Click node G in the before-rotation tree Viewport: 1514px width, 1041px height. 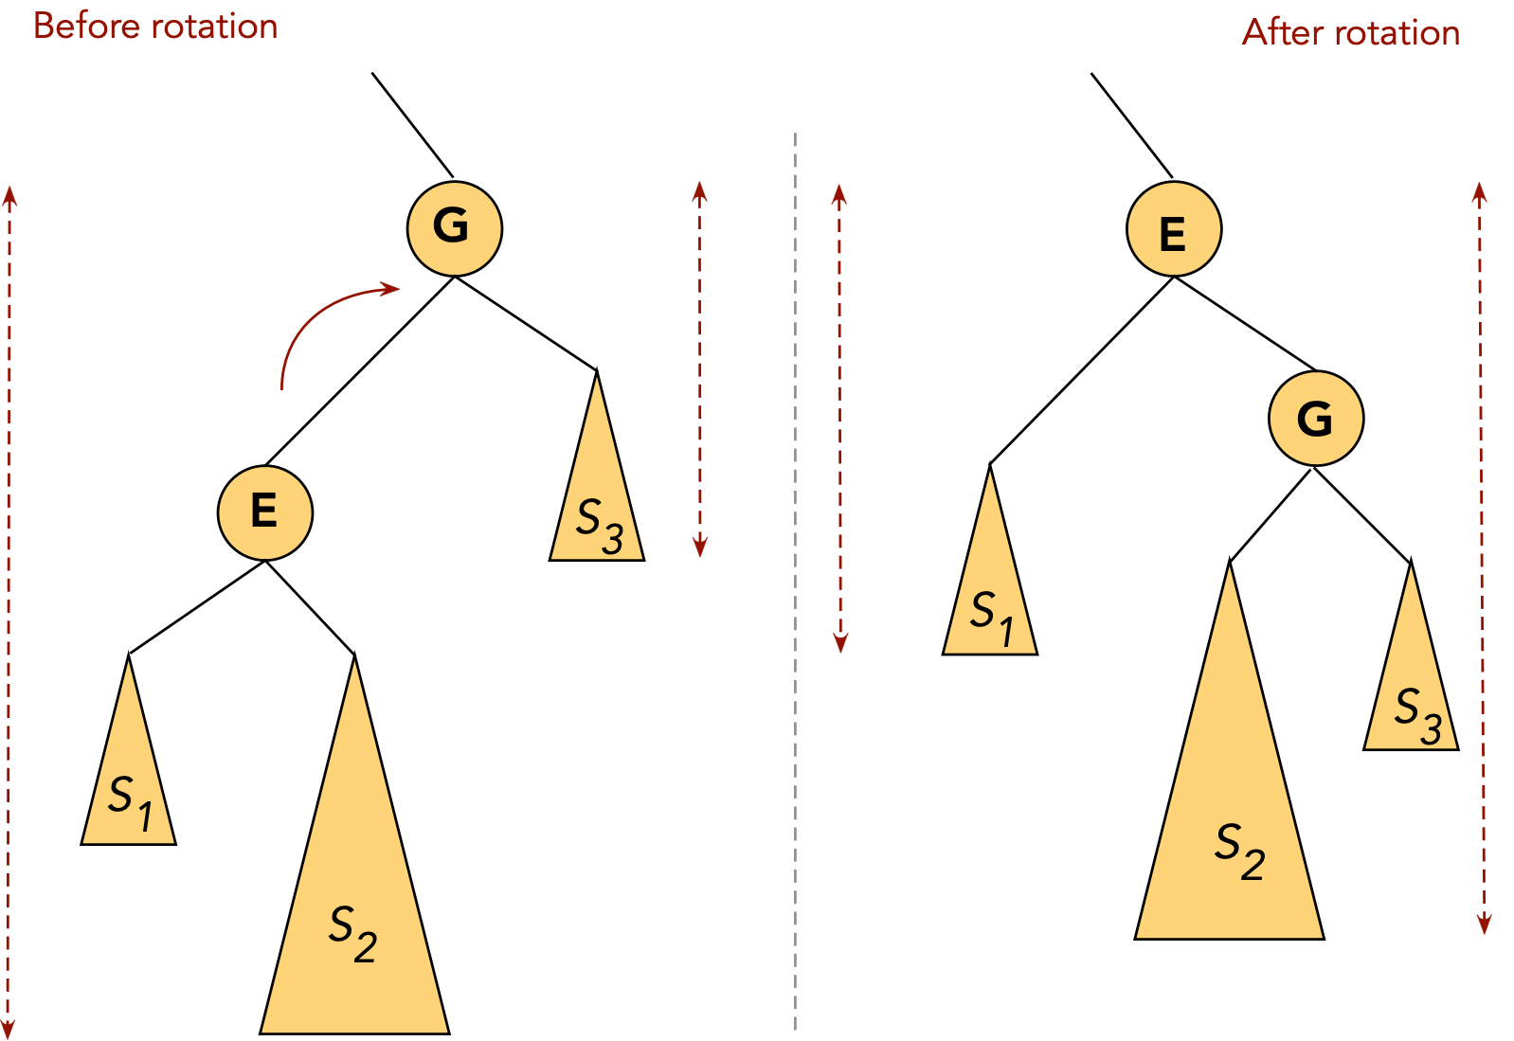[454, 228]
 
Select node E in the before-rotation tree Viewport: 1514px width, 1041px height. [264, 512]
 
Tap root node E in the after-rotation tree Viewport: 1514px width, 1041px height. [1173, 229]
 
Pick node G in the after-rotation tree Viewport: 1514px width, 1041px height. [1315, 418]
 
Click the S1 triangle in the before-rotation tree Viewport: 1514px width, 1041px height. [129, 786]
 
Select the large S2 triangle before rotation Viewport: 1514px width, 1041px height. [354, 909]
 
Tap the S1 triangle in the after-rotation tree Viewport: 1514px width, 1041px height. [990, 597]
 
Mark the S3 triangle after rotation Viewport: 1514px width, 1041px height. [1411, 691]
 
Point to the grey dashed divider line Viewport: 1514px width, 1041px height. [795, 568]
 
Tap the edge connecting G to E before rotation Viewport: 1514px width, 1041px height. [360, 370]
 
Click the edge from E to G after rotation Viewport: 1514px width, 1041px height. [1244, 323]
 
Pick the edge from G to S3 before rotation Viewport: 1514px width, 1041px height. [526, 323]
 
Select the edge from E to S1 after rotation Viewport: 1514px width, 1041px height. [1080, 370]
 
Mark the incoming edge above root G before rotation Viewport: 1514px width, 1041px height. [412, 124]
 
